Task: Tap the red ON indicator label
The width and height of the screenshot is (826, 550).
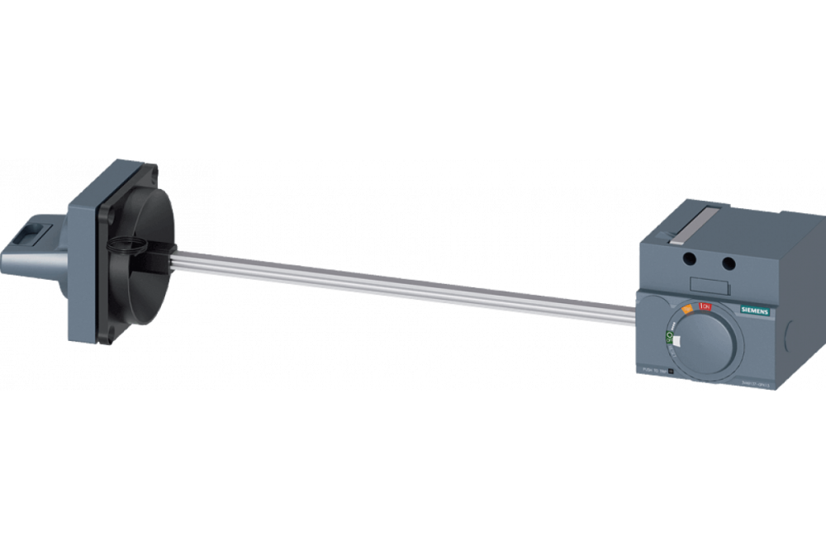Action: [x=705, y=307]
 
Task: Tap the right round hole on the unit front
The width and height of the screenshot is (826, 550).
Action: [x=728, y=263]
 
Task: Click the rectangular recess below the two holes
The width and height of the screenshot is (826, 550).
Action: [x=710, y=287]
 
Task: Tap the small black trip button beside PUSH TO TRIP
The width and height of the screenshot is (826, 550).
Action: [x=671, y=371]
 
